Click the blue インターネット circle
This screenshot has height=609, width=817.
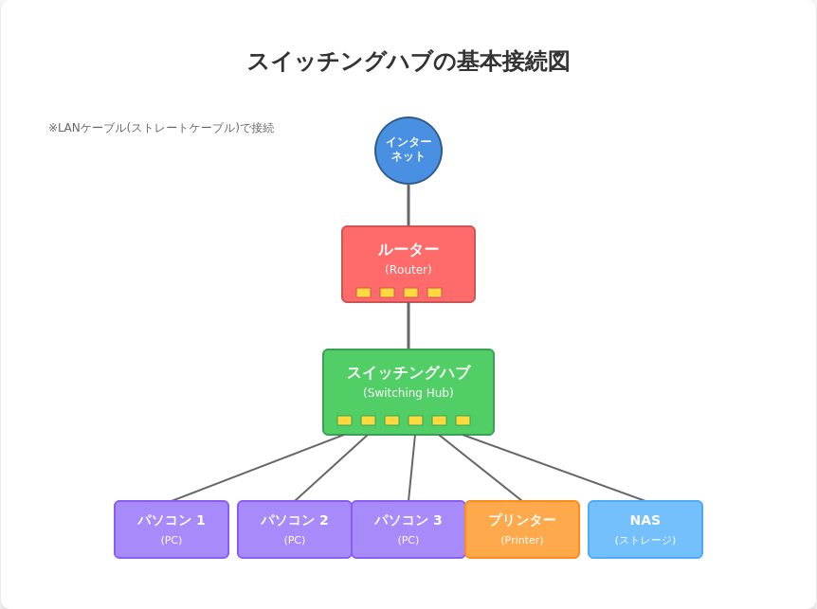[408, 151]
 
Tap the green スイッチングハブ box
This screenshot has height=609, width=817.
[408, 379]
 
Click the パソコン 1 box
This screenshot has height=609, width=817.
[172, 529]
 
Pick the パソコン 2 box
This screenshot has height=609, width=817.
[295, 529]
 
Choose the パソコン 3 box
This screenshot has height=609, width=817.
[408, 529]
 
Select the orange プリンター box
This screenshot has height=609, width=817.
[522, 529]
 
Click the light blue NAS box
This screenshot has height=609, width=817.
[645, 529]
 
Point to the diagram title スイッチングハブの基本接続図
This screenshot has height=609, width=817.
[408, 62]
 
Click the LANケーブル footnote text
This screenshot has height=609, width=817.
[161, 128]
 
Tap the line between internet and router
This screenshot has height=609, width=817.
[408, 205]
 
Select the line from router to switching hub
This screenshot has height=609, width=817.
[408, 326]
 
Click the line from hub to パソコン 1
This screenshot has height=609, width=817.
[258, 468]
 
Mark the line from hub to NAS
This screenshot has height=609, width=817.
[554, 468]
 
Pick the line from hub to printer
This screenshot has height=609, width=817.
[480, 468]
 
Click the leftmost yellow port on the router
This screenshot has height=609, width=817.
[363, 293]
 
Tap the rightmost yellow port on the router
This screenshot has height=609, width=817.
[434, 293]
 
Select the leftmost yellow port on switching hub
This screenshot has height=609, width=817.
[344, 421]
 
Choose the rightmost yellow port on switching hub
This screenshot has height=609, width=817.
[463, 421]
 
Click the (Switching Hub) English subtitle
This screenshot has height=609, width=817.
[408, 393]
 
